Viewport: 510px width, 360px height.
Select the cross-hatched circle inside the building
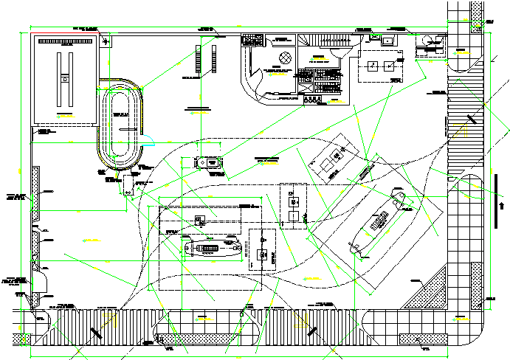[x=284, y=58]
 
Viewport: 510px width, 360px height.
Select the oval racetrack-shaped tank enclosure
[x=121, y=125]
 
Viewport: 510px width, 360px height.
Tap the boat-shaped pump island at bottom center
[x=213, y=248]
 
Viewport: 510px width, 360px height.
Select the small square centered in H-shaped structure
[x=65, y=77]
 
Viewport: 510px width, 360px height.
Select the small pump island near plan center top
[x=210, y=162]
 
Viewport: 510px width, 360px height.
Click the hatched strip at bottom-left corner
[x=23, y=339]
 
